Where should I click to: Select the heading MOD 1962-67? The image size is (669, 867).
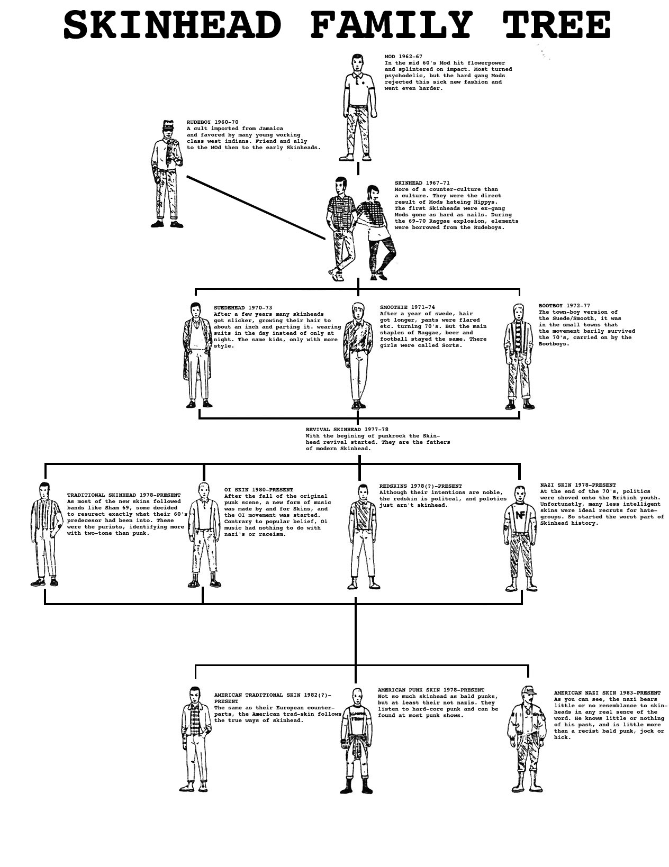[403, 57]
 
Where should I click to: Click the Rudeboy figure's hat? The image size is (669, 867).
[168, 125]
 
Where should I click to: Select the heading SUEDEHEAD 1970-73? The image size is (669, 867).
[243, 308]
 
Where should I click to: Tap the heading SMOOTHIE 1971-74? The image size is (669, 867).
[407, 307]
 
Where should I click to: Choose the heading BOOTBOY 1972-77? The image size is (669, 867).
[564, 306]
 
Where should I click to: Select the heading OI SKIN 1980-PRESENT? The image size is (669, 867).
[258, 490]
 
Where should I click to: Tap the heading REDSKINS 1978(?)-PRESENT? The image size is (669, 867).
[420, 486]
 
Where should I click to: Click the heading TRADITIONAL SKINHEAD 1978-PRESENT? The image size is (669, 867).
[124, 495]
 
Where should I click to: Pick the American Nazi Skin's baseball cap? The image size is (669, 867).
[528, 691]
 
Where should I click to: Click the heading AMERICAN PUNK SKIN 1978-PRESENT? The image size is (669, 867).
[431, 690]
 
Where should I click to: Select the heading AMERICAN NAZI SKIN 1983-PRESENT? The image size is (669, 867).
[607, 693]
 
